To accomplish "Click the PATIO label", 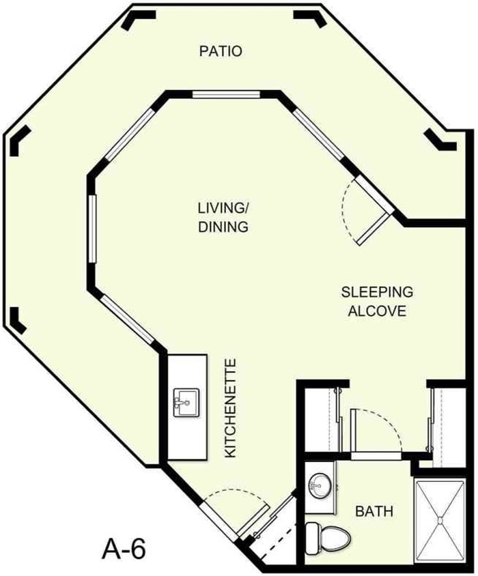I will point(221,51).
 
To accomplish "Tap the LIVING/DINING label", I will point(223,216).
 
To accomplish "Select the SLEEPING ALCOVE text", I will point(378,302).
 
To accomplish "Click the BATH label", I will point(373,510).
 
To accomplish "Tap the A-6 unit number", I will point(124,547).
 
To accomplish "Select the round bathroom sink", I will point(318,486).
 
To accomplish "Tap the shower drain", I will point(440,521).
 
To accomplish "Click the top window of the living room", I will point(225,95).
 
